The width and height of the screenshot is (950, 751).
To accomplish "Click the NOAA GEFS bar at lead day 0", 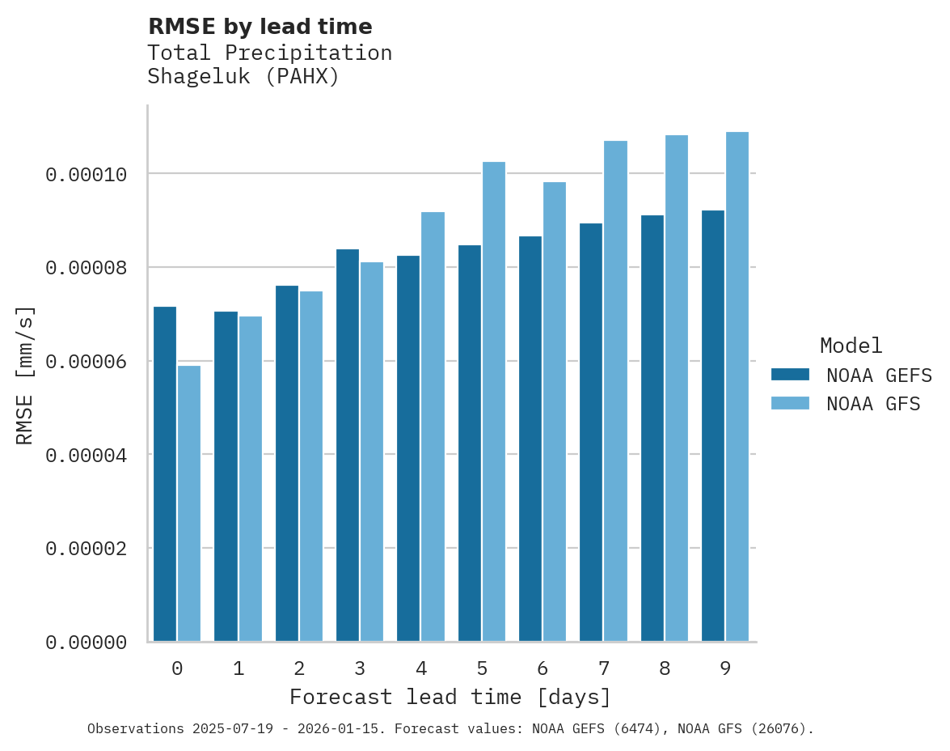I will [165, 474].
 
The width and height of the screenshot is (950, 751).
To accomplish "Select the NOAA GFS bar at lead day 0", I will [189, 503].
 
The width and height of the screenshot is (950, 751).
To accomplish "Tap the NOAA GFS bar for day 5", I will [494, 401].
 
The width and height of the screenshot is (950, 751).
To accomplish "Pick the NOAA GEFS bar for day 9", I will [713, 426].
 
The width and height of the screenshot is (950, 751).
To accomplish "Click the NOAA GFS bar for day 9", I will [737, 387].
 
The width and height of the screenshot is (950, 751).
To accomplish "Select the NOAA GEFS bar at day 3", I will [348, 445].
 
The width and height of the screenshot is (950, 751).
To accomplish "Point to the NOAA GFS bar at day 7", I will [615, 391].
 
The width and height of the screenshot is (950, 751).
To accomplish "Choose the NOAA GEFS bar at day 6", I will [530, 439].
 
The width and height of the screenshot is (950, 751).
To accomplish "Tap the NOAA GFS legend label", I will [873, 404].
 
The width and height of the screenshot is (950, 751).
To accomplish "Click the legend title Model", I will [851, 346].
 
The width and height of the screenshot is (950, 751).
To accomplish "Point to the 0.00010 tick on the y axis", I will [86, 175].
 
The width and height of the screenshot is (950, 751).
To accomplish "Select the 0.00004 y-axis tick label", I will [86, 456].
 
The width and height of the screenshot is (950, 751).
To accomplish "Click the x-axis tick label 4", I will [421, 669].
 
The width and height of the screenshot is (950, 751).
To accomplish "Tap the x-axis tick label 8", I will [665, 669].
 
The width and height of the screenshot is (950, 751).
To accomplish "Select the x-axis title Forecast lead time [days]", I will [450, 697].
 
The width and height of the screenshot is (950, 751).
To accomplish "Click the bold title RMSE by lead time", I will [260, 27].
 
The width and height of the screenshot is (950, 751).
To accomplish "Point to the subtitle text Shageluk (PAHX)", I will [243, 78].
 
